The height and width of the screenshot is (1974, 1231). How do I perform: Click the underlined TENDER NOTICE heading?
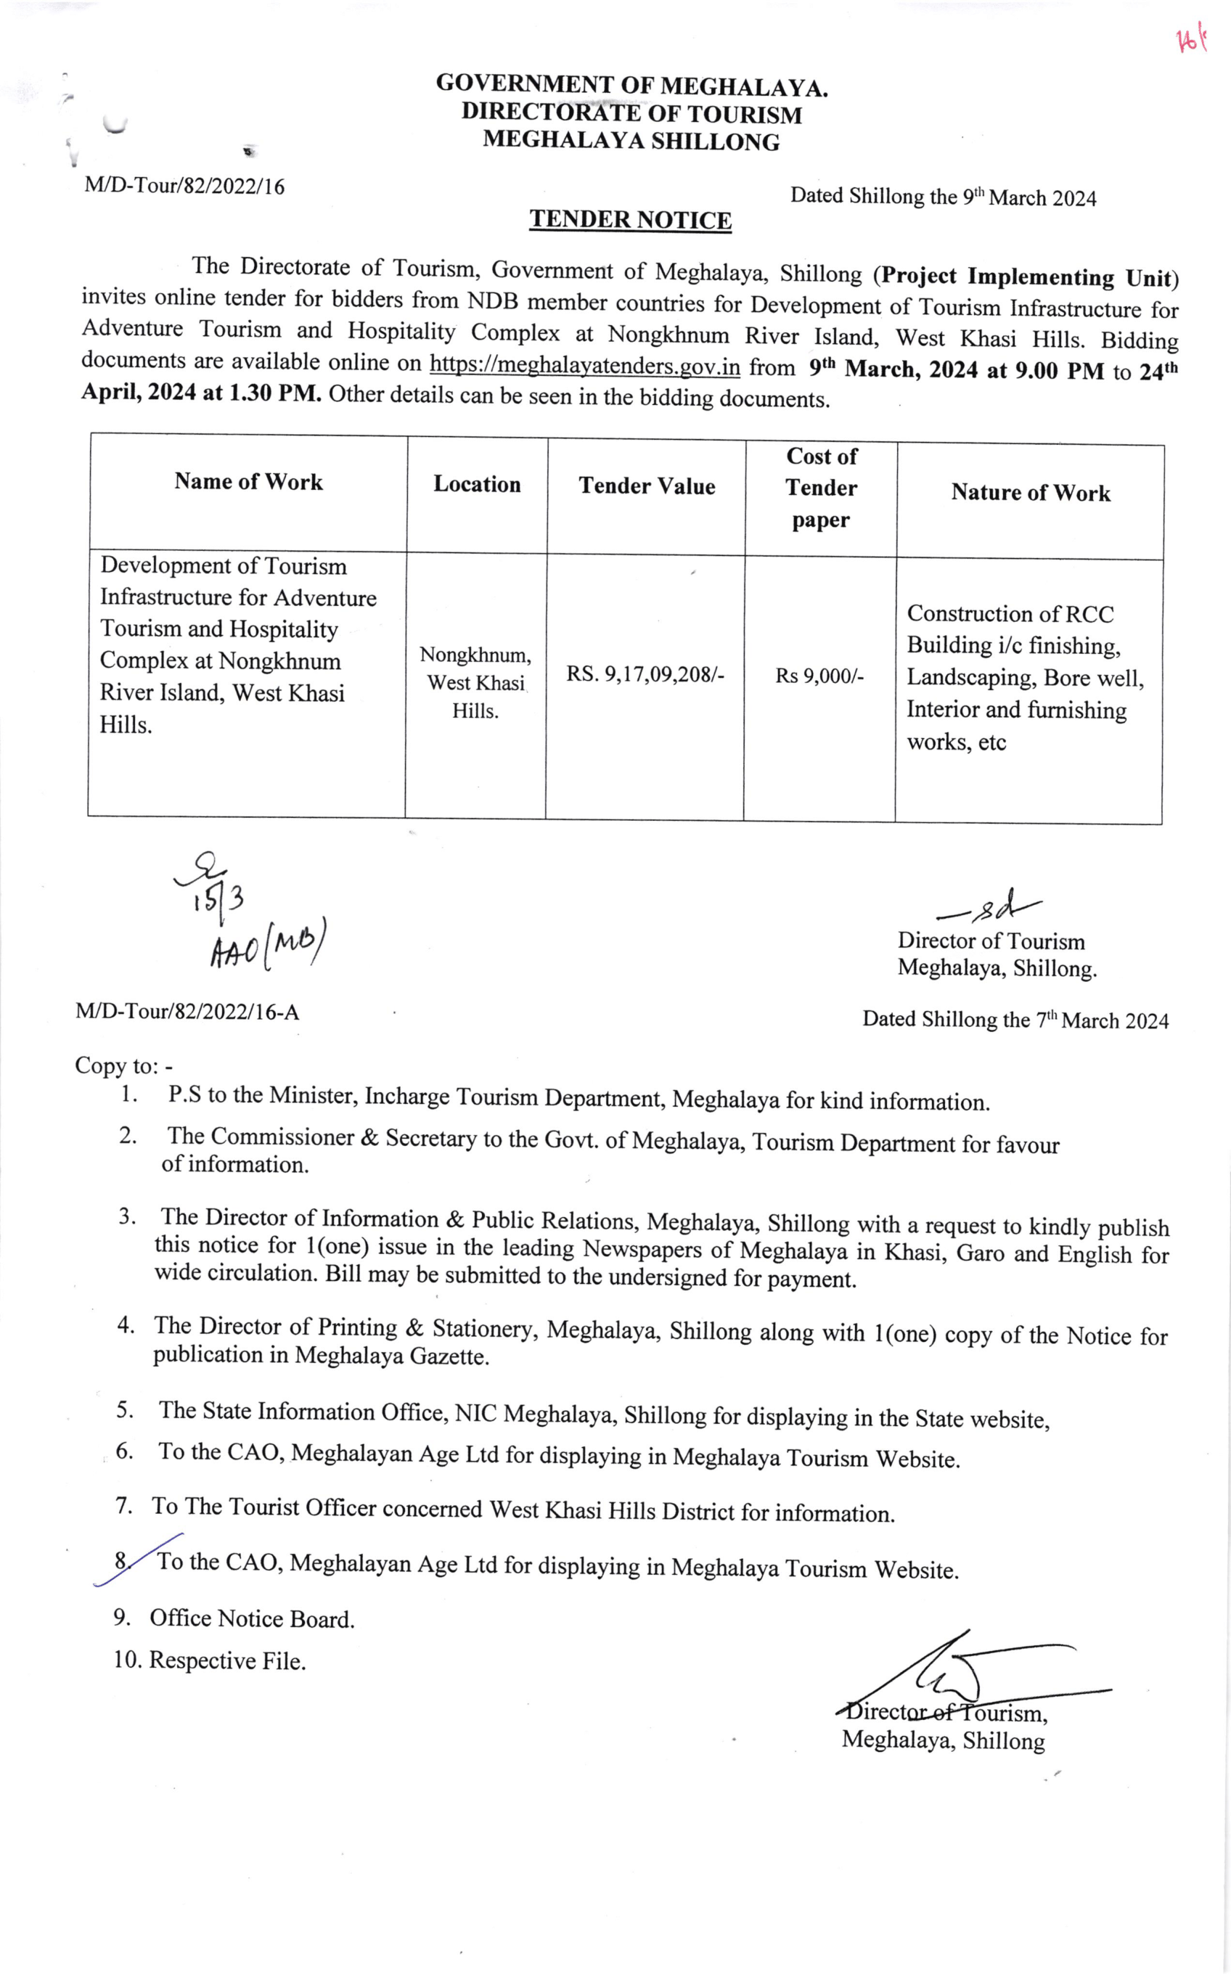[x=630, y=220]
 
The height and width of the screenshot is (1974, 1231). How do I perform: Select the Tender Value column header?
[x=647, y=486]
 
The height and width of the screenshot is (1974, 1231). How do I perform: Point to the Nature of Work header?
[x=1030, y=493]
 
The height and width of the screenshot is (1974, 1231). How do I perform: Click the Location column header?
[x=476, y=484]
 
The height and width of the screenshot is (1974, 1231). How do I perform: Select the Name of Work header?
[x=248, y=482]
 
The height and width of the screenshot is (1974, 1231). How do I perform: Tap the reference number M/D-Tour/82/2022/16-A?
[x=187, y=1012]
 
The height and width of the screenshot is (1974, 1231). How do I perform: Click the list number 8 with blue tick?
[x=121, y=1560]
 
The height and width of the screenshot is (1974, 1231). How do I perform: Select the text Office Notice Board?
[x=252, y=1619]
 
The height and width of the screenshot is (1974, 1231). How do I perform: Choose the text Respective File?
[x=227, y=1660]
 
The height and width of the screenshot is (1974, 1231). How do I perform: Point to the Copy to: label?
[x=123, y=1065]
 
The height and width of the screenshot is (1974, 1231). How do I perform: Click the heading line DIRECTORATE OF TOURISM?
[x=631, y=113]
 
